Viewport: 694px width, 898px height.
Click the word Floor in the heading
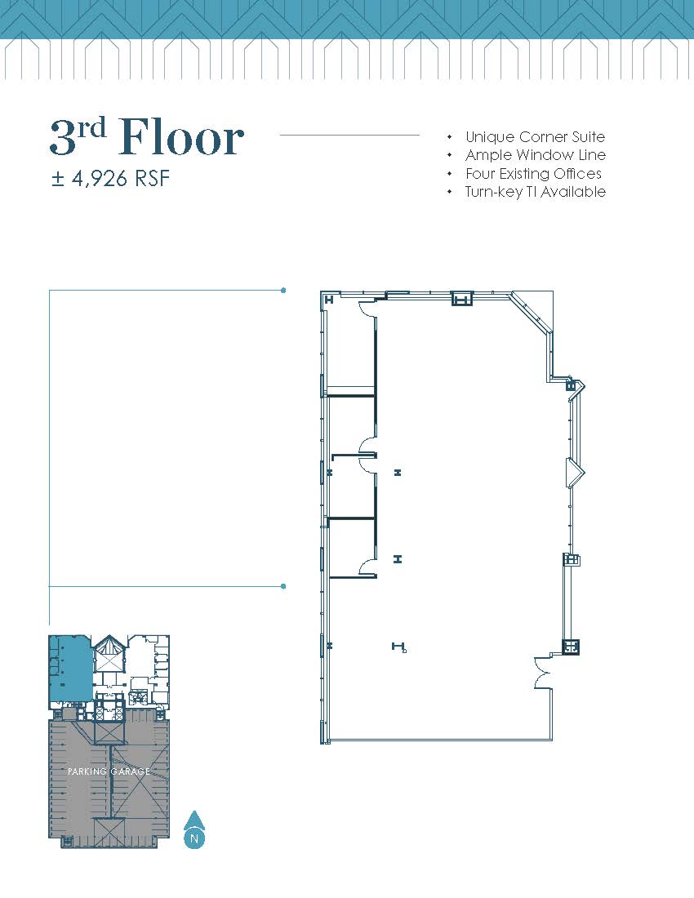(181, 137)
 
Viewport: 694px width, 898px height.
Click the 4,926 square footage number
(99, 179)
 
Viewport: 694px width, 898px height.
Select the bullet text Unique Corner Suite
(535, 137)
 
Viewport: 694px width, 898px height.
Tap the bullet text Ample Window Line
(536, 154)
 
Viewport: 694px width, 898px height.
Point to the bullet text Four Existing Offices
(533, 173)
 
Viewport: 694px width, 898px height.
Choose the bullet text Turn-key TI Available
(535, 191)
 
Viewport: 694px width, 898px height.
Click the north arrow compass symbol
(194, 829)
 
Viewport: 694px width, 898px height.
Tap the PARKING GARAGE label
(109, 771)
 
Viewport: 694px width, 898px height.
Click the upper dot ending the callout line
(283, 291)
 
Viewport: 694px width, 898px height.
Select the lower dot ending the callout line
(283, 586)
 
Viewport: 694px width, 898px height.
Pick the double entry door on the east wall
(541, 673)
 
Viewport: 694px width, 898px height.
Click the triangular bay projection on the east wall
(575, 473)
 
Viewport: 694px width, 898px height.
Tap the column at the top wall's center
(462, 298)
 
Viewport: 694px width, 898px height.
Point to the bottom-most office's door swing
(367, 566)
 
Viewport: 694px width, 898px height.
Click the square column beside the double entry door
(571, 647)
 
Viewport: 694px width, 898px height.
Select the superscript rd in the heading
(92, 127)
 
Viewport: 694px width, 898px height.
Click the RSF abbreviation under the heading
(153, 179)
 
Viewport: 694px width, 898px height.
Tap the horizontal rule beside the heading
(349, 136)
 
